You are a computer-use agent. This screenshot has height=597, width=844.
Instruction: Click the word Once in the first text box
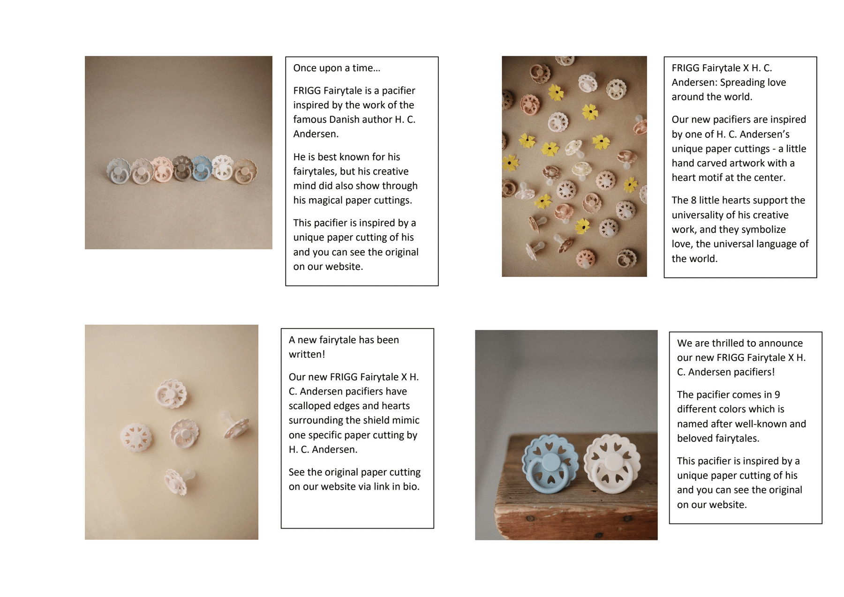tap(305, 68)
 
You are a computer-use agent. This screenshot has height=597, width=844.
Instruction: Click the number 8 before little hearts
tap(693, 201)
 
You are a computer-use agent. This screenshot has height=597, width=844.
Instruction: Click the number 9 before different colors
tap(777, 395)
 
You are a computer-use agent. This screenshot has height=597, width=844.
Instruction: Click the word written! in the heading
tap(307, 355)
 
